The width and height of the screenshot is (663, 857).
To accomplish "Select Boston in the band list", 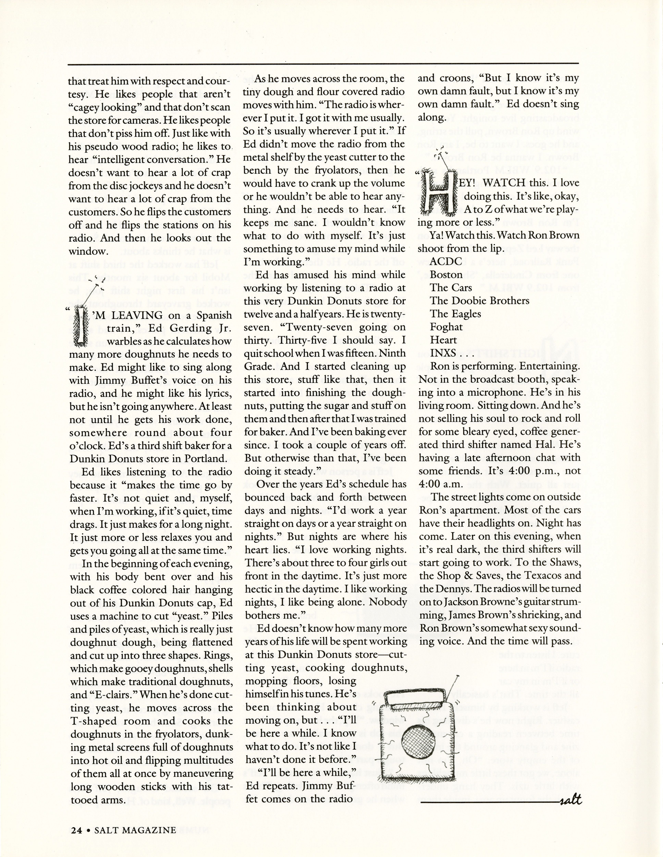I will coord(446,275).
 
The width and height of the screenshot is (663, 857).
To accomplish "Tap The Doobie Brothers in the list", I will coord(479,301).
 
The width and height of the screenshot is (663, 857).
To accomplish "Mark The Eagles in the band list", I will coord(455,314).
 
